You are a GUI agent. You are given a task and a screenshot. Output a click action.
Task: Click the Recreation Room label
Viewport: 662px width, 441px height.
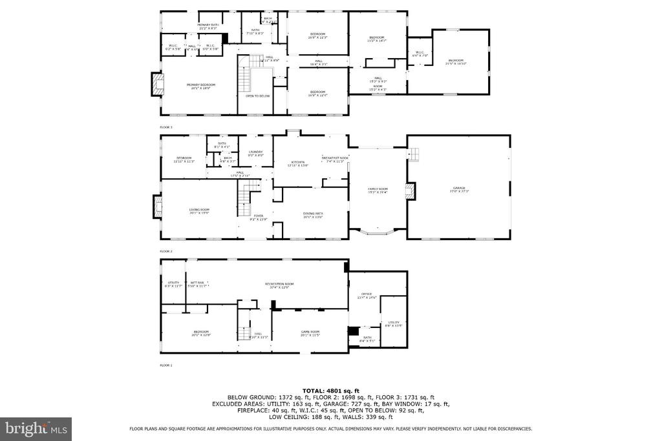[279, 285]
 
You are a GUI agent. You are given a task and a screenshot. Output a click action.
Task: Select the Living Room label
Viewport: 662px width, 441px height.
[199, 211]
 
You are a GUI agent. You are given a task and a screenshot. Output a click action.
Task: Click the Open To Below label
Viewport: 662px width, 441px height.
[257, 96]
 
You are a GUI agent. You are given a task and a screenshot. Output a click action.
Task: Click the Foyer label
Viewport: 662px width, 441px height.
[258, 218]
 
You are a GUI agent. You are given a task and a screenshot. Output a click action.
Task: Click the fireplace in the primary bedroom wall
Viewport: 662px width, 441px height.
[156, 84]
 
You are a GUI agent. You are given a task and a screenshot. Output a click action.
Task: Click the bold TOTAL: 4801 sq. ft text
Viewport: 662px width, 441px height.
[330, 391]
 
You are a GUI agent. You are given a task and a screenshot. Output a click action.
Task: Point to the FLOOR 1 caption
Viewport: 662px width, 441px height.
[166, 365]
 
